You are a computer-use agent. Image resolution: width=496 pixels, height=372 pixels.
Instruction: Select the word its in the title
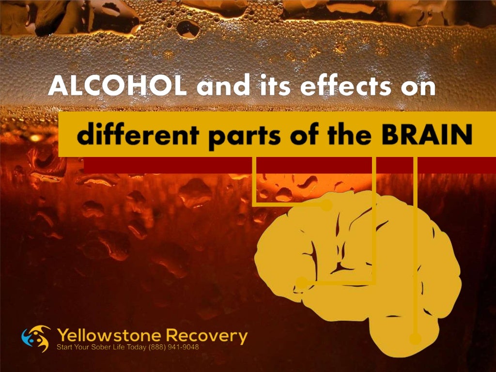tap(276, 87)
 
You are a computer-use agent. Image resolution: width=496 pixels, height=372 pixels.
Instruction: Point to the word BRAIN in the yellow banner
tap(426, 136)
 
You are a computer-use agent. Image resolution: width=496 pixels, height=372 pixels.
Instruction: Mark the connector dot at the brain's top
tap(327, 206)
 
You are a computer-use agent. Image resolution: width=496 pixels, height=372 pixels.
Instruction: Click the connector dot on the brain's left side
tap(302, 282)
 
